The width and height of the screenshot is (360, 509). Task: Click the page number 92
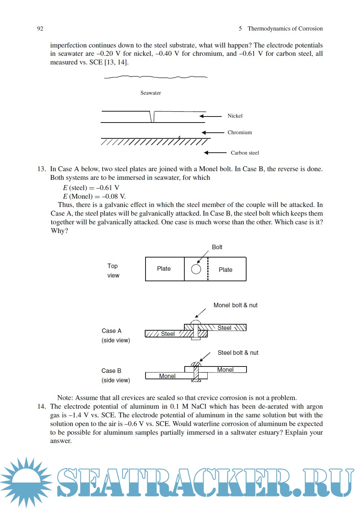click(x=40, y=29)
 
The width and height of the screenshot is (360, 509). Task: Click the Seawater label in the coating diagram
click(x=150, y=93)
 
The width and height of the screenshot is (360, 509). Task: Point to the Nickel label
click(x=235, y=116)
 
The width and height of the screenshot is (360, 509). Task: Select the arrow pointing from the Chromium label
click(x=213, y=133)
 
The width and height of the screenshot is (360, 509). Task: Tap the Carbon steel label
click(x=245, y=153)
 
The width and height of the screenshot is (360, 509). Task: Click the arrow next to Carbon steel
click(x=215, y=153)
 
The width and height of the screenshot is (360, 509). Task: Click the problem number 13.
click(x=41, y=169)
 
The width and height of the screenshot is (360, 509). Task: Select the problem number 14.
click(x=41, y=406)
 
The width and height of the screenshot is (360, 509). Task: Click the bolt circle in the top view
click(x=196, y=269)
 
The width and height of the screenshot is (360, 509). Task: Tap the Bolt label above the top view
click(x=217, y=247)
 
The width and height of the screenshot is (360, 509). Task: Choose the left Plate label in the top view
click(x=164, y=268)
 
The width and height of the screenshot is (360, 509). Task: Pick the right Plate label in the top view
click(x=225, y=270)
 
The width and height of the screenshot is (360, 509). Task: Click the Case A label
click(x=112, y=331)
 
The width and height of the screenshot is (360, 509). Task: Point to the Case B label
click(x=111, y=371)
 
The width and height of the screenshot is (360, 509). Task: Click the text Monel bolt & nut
click(x=235, y=305)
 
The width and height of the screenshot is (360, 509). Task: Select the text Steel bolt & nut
click(x=238, y=353)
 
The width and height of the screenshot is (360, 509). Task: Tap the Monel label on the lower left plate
click(x=167, y=376)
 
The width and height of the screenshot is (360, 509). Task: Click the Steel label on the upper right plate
click(x=224, y=328)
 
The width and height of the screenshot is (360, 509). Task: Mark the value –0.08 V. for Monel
click(x=113, y=196)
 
